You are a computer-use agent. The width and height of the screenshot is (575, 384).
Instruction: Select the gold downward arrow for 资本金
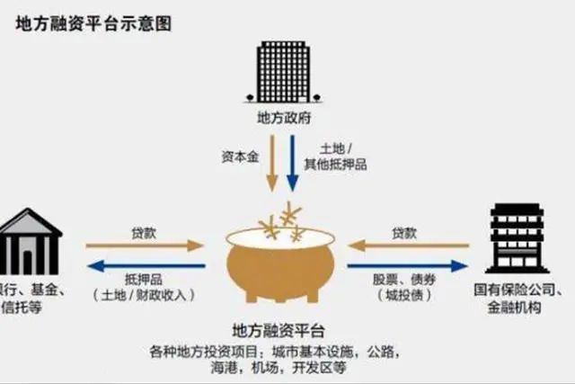(x=271, y=161)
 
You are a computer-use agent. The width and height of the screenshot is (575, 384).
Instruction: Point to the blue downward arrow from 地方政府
(x=293, y=161)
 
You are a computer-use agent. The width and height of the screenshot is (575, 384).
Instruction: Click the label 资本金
(x=237, y=155)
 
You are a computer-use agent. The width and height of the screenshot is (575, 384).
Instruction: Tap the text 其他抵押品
(x=341, y=165)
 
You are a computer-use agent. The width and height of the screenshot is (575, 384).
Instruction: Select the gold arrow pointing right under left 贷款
(x=145, y=244)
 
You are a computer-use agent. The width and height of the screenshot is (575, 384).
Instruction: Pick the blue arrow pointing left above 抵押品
(x=145, y=264)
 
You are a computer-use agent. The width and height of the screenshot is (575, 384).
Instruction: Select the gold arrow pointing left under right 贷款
(x=410, y=244)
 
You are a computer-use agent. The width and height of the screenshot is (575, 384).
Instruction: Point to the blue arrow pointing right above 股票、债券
(x=410, y=264)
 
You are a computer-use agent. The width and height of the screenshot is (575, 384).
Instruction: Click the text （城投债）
(x=403, y=296)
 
